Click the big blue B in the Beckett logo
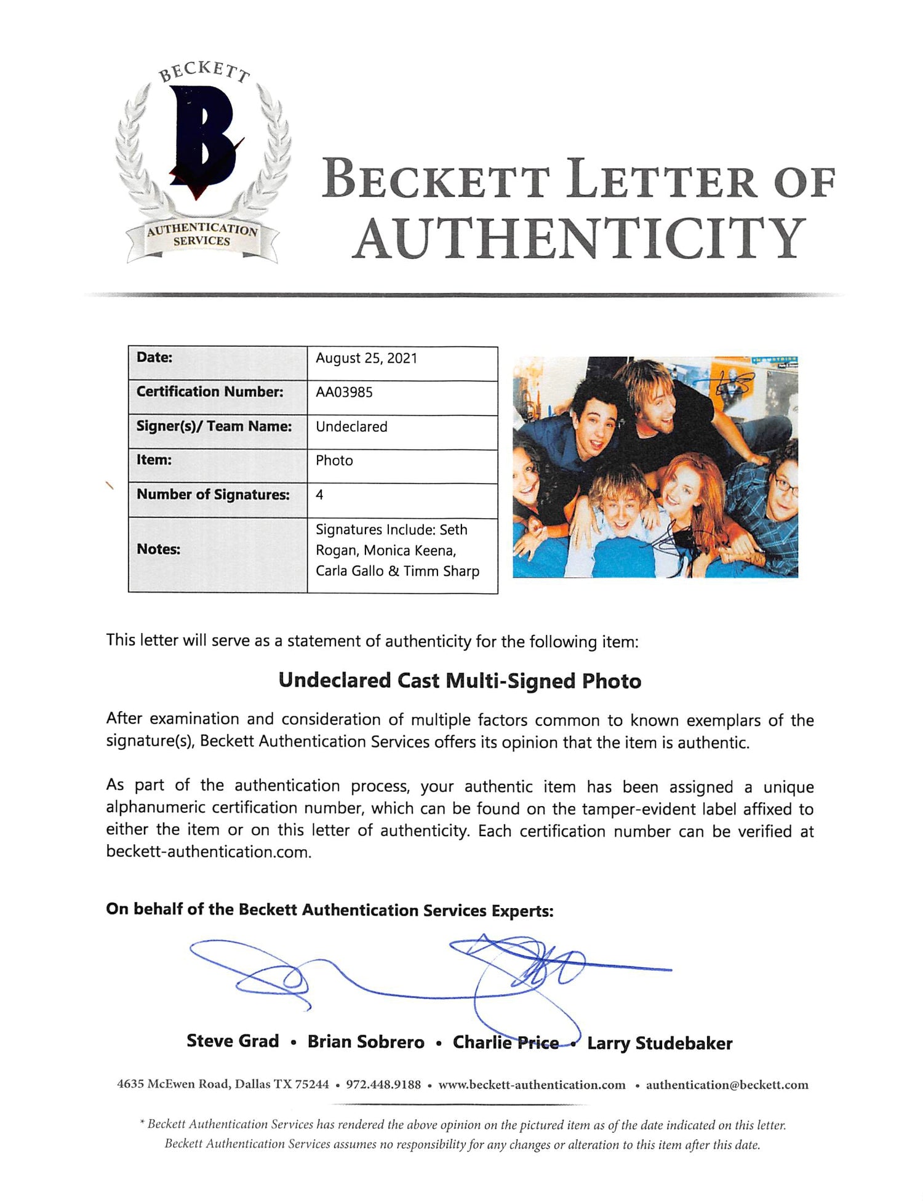(203, 142)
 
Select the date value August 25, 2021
(366, 359)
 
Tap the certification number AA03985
(344, 393)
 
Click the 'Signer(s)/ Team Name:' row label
(214, 426)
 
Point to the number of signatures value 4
(319, 495)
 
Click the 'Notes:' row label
(158, 549)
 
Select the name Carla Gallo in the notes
(350, 571)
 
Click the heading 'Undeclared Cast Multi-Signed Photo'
(460, 681)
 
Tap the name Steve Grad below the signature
(233, 1041)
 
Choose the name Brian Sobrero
(366, 1042)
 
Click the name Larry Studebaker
(660, 1043)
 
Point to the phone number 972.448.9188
(383, 1085)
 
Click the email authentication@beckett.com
(727, 1085)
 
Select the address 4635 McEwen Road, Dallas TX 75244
(223, 1085)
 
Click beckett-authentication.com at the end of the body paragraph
(208, 852)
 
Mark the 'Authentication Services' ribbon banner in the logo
(202, 236)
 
